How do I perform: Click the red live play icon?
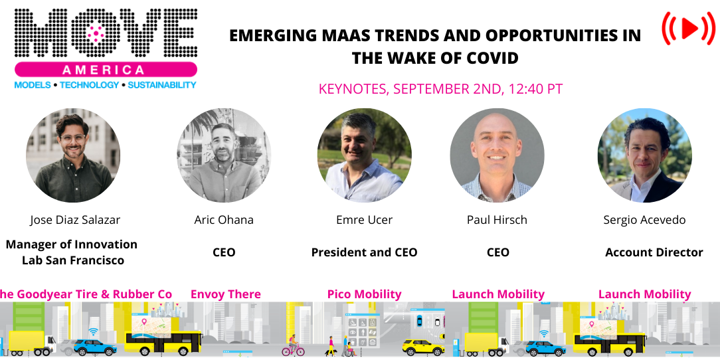(687, 28)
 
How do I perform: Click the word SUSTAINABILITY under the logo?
(162, 85)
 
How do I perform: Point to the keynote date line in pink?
(440, 88)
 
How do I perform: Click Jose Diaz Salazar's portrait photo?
(73, 155)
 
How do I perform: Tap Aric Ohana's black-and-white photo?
(224, 155)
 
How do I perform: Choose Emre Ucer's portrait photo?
(364, 155)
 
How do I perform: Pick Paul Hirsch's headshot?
(497, 155)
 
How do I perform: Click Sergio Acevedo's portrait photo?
(644, 155)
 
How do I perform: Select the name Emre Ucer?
(364, 220)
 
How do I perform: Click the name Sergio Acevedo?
(644, 220)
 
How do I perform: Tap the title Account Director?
(654, 252)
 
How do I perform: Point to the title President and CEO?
(364, 252)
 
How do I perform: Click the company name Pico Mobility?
(364, 294)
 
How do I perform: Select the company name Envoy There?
(225, 294)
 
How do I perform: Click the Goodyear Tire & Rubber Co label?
(86, 294)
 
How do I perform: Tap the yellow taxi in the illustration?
(423, 347)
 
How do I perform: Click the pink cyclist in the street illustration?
(292, 347)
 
